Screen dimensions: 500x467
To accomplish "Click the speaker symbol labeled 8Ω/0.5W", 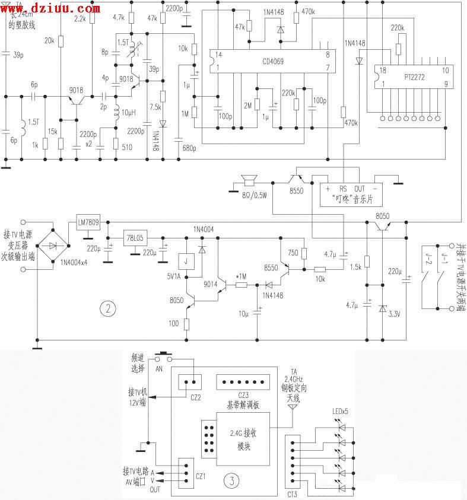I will coord(249,180).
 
